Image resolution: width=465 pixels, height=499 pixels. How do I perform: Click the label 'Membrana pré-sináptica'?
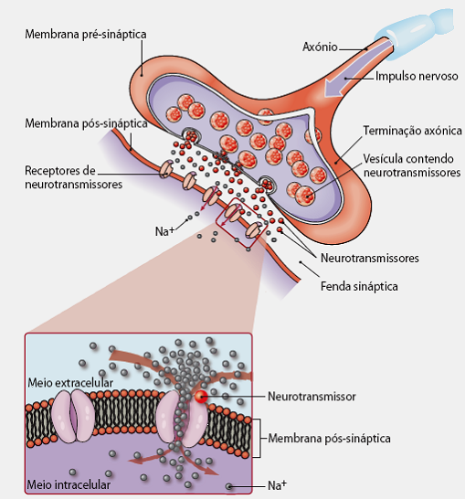(86, 35)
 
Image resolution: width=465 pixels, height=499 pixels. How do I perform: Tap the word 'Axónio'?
(320, 47)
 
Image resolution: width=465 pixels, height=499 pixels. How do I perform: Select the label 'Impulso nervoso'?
(417, 77)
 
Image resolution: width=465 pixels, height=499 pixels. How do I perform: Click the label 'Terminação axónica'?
(413, 131)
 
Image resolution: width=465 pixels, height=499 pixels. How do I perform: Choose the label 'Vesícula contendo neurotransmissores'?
(412, 165)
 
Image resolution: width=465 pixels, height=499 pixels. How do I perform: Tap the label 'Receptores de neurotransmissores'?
(73, 177)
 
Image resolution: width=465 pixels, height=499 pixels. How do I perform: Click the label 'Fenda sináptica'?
(359, 286)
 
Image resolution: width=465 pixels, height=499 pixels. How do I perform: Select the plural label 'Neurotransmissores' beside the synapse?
(370, 258)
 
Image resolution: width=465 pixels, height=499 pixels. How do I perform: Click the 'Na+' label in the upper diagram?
(164, 231)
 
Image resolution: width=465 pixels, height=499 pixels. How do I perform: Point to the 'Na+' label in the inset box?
(277, 485)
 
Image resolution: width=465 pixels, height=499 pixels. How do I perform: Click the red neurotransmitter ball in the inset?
(201, 397)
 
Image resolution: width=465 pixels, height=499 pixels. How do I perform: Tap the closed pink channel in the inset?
(73, 416)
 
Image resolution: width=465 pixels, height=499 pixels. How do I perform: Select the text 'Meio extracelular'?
(70, 383)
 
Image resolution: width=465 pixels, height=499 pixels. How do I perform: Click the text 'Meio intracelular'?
(69, 484)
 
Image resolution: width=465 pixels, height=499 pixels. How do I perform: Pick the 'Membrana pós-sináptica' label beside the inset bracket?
(329, 438)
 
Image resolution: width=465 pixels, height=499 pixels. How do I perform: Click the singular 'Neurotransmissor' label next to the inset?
(312, 397)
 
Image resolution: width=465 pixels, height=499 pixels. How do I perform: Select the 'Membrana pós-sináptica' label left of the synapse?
(86, 123)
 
